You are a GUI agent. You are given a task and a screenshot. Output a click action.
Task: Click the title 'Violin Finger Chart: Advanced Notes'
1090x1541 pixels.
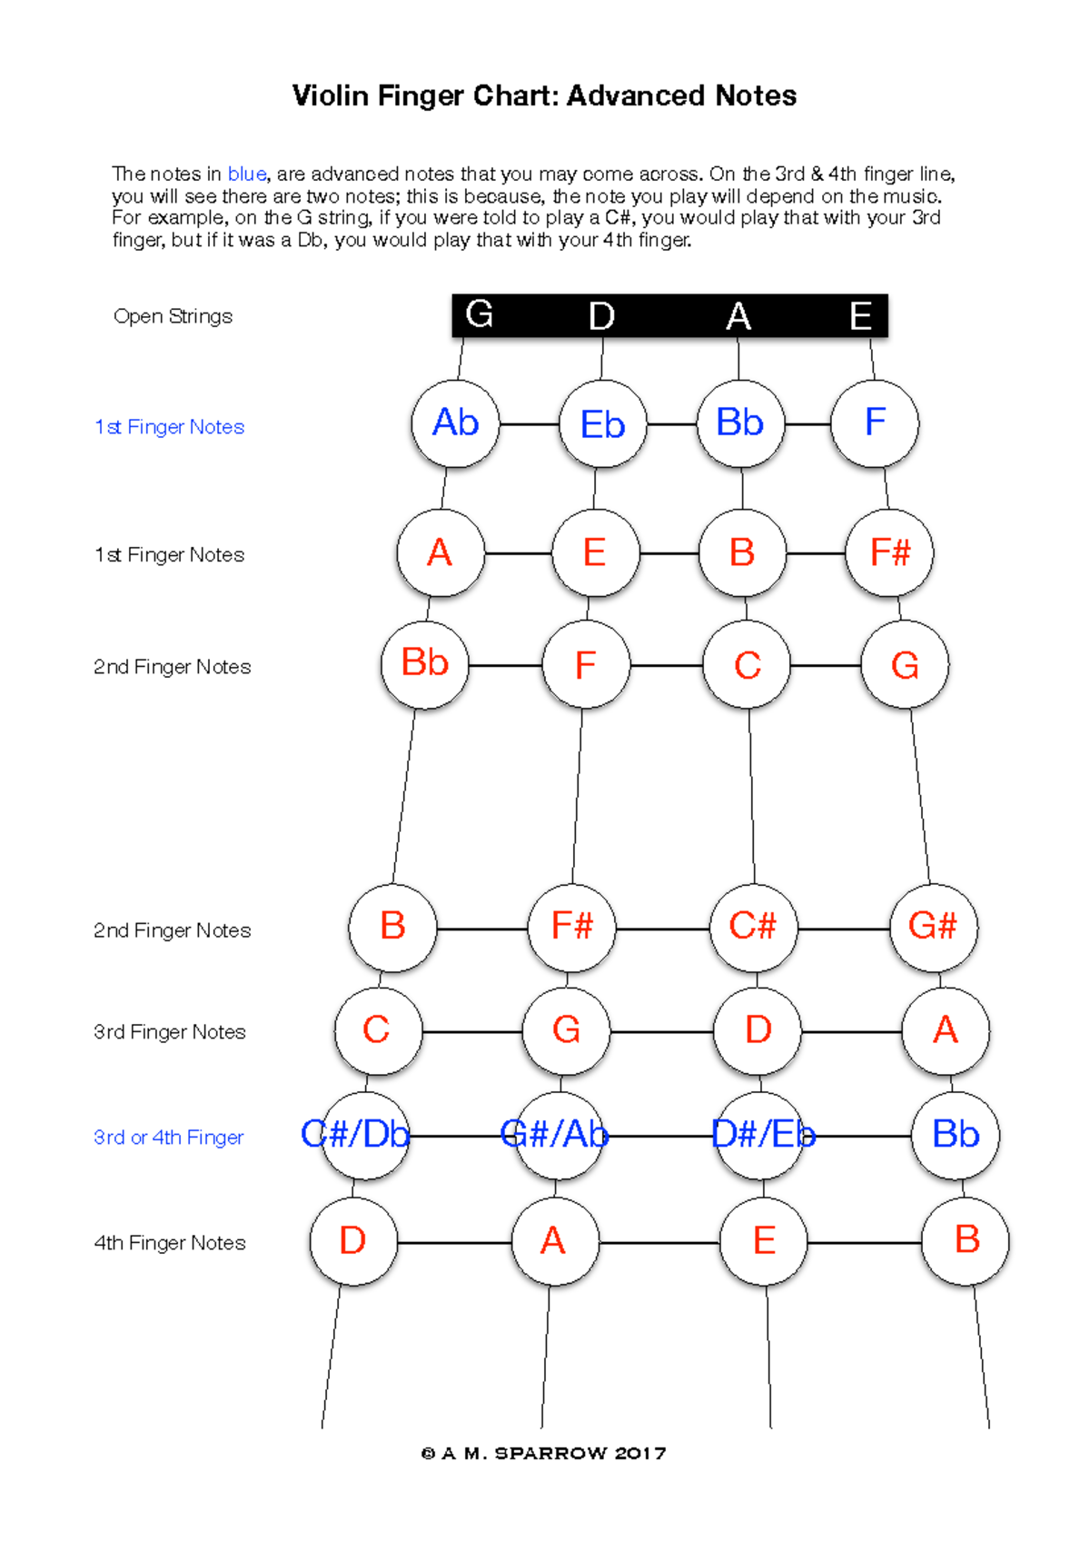(544, 95)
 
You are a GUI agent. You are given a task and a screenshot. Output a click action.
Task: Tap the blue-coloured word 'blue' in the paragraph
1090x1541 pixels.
(246, 174)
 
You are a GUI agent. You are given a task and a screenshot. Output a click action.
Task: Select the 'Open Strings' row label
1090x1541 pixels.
(173, 316)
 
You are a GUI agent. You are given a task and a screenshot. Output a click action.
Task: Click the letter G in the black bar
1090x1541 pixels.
(479, 314)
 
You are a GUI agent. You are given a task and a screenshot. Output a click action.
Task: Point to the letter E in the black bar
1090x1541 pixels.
(860, 316)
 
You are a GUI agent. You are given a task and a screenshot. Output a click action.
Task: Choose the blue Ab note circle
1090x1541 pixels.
(455, 423)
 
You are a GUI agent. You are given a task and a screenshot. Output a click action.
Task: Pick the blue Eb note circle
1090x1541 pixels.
(602, 424)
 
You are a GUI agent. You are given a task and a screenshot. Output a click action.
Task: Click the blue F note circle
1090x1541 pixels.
(875, 423)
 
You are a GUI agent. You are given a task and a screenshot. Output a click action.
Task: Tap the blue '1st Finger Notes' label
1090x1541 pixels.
(169, 427)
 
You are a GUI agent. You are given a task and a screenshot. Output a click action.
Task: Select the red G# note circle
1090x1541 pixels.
(933, 927)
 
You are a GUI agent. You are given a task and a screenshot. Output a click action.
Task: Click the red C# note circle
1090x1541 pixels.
(753, 927)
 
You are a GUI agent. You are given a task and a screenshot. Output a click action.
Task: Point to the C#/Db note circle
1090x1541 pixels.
(364, 1135)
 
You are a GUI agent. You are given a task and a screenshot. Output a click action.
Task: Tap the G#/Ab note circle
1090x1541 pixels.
(555, 1135)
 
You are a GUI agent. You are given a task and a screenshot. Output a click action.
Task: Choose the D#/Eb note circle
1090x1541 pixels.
(763, 1135)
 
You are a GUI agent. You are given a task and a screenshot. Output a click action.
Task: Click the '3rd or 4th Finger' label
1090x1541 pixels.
(168, 1138)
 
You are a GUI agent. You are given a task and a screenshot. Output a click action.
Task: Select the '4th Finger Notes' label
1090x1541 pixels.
(170, 1243)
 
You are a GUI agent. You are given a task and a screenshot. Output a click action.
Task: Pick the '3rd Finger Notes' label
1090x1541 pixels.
(169, 1032)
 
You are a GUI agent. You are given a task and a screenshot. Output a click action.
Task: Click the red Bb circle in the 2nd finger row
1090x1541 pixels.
(424, 664)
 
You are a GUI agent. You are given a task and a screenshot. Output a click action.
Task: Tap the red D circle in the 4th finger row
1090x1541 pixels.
(352, 1241)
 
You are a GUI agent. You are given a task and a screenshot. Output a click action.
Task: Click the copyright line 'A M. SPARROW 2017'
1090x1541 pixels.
(544, 1454)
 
